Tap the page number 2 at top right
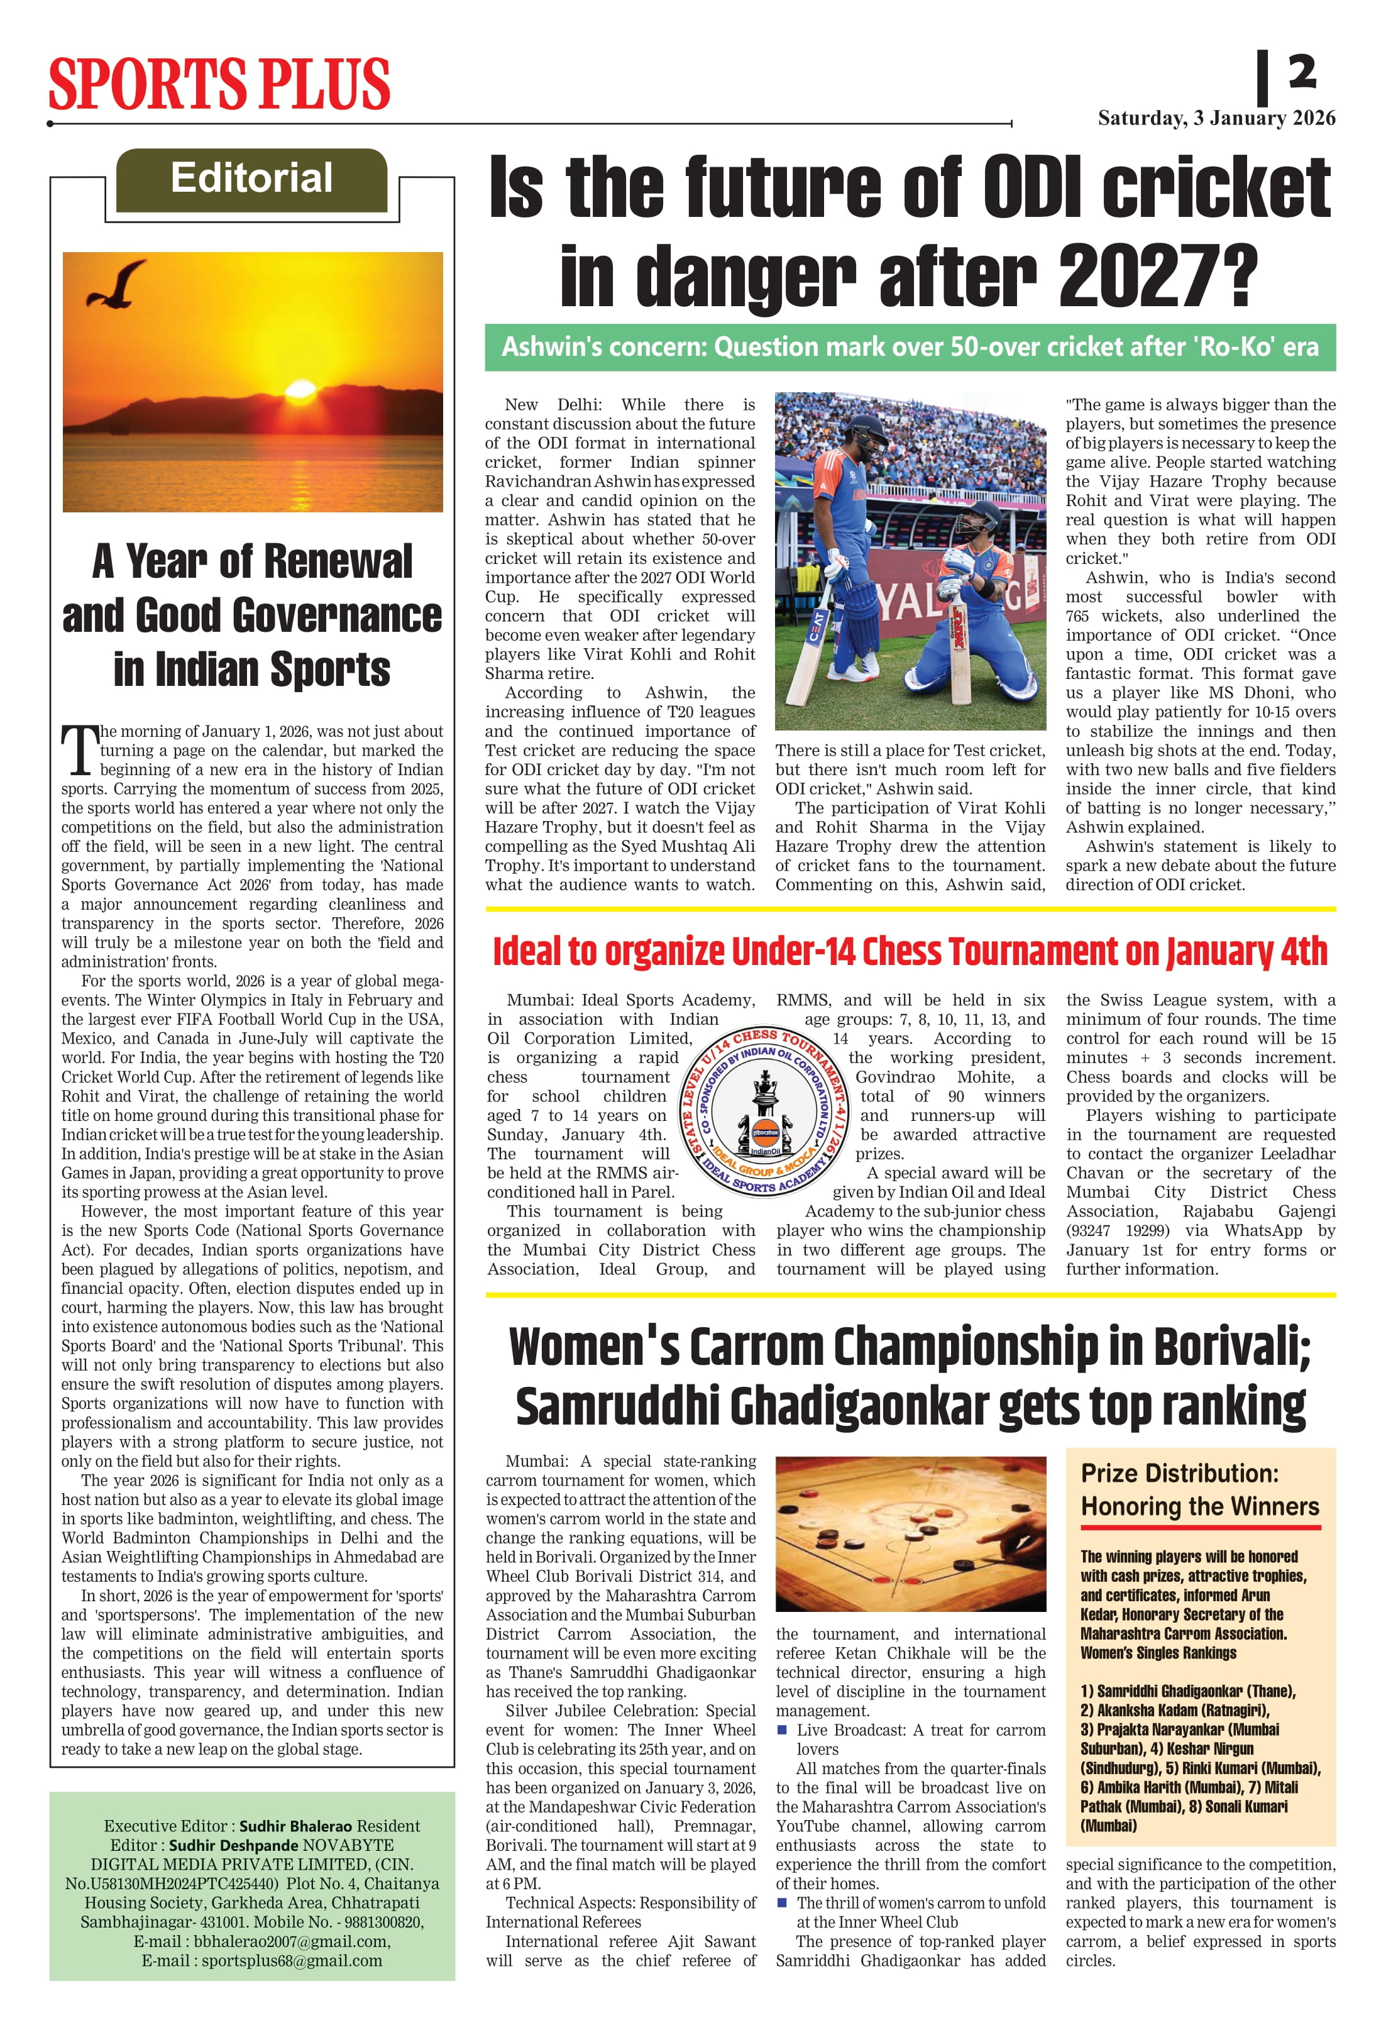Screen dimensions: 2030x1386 1301,72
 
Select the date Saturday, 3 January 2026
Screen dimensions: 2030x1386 1216,118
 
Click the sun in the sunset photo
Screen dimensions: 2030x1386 300,388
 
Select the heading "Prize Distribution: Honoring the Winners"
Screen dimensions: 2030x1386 1199,1489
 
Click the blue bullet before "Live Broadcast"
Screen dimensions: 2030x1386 782,1729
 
